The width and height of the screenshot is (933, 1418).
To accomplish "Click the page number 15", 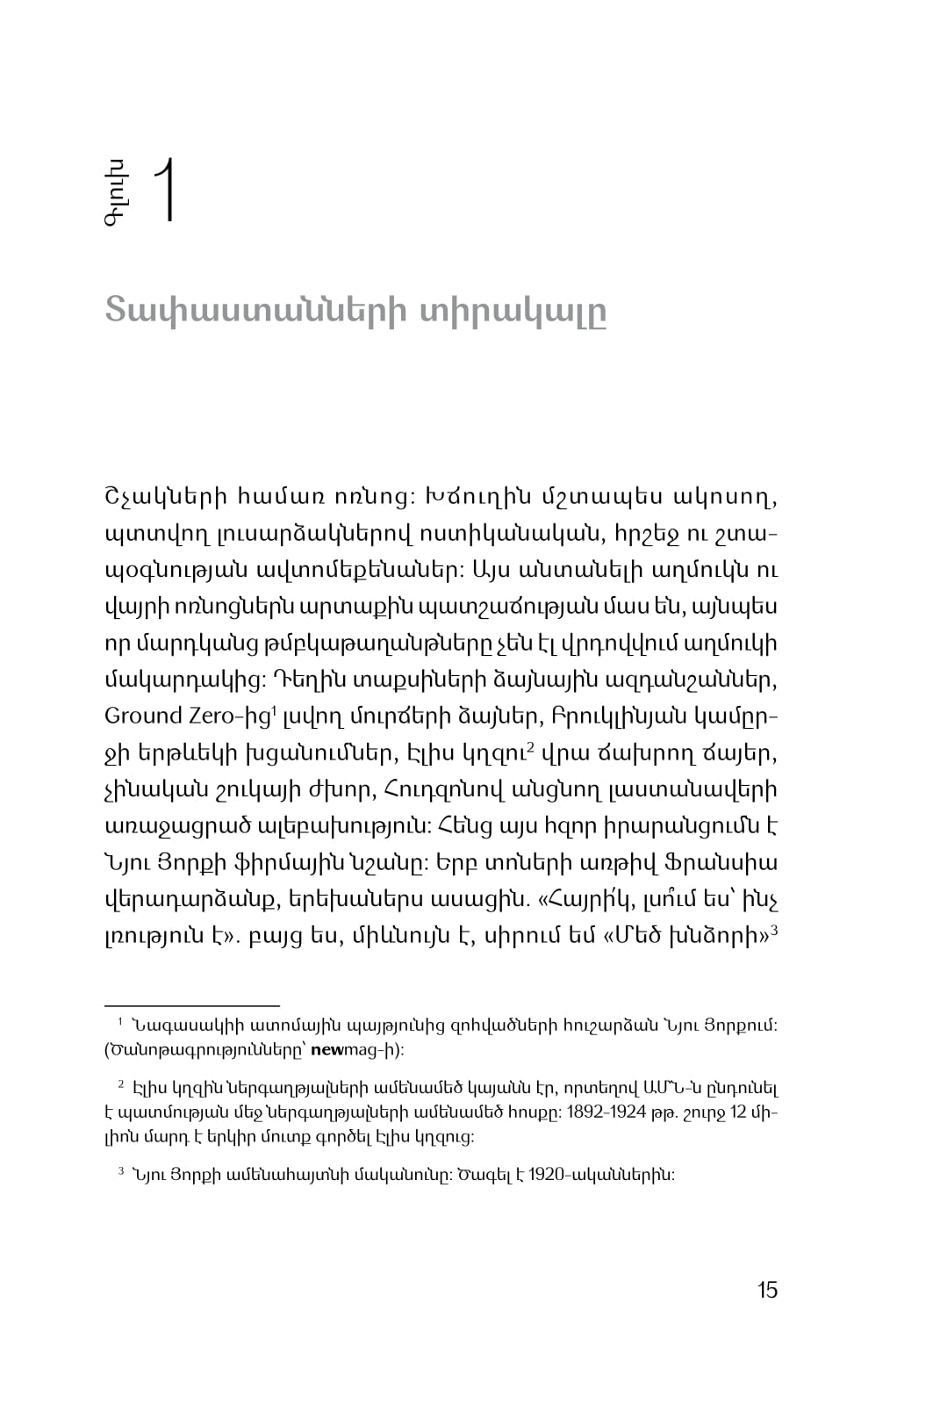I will point(766,1290).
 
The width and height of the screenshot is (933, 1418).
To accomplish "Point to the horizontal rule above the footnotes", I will point(191,1004).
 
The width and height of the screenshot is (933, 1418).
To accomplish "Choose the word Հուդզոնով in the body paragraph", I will point(440,790).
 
